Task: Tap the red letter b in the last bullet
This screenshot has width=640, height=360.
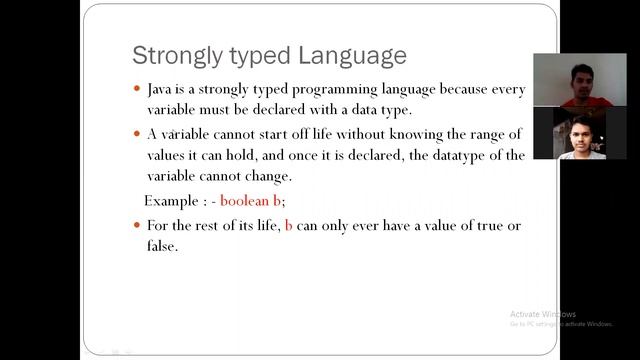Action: pyautogui.click(x=289, y=226)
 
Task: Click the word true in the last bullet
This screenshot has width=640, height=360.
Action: pyautogui.click(x=485, y=226)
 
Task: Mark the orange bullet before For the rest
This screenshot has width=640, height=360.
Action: pyautogui.click(x=137, y=226)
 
